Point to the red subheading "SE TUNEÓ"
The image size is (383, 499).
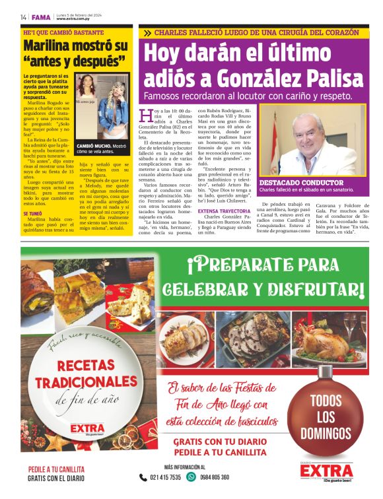pyautogui.click(x=34, y=214)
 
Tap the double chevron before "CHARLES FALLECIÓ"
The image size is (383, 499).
pyautogui.click(x=148, y=32)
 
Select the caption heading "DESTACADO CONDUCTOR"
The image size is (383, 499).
pyautogui.click(x=301, y=183)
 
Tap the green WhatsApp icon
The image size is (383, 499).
pyautogui.click(x=191, y=477)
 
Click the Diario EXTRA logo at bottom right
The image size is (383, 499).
pyautogui.click(x=327, y=472)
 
